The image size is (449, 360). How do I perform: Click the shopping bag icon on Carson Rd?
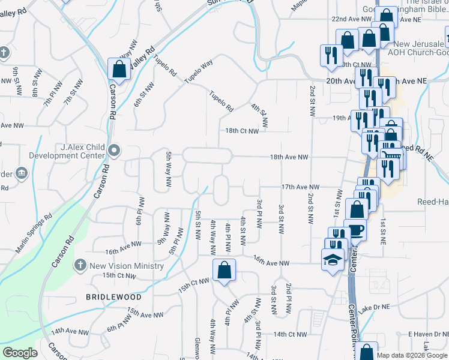119,68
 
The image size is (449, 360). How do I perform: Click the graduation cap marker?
331,260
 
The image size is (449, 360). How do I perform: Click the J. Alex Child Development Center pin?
115,150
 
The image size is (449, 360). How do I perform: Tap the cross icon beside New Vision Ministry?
79,265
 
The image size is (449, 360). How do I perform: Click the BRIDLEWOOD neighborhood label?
113,297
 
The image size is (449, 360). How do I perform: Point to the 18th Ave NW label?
289,157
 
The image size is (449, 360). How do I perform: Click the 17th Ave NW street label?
300,187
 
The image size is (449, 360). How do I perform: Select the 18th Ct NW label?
242,131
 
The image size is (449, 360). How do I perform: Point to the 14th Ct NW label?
290,334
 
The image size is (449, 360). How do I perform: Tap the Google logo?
20,353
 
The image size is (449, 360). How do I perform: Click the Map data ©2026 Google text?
412,355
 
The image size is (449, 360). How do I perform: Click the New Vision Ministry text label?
126,266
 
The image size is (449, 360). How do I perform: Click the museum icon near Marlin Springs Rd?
22,174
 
